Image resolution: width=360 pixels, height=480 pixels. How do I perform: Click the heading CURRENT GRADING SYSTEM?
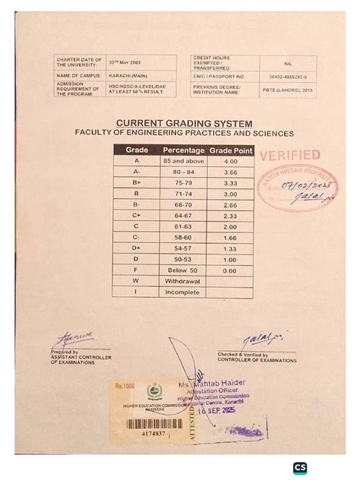184,124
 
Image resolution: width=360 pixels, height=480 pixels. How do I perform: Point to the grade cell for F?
137,270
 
